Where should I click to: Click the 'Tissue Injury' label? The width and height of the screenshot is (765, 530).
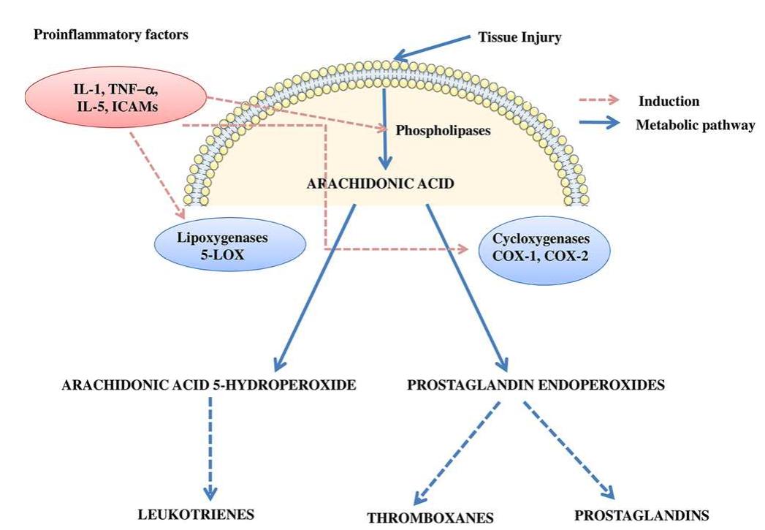click(519, 37)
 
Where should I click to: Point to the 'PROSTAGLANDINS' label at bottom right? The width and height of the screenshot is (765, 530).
click(642, 514)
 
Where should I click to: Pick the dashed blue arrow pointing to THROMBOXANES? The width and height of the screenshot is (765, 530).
click(452, 453)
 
